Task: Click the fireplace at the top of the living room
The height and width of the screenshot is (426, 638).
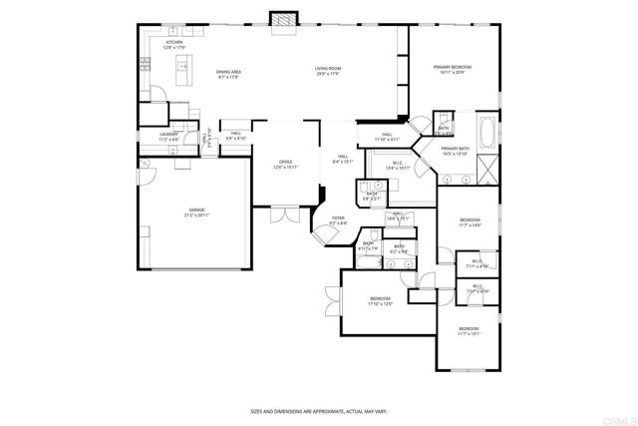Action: (x=284, y=19)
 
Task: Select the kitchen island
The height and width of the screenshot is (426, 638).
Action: (x=184, y=70)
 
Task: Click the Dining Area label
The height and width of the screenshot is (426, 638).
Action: (x=229, y=73)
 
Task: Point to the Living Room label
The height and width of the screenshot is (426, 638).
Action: (x=329, y=71)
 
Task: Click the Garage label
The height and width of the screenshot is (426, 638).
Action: (x=195, y=213)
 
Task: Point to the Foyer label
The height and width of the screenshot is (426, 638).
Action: (x=338, y=221)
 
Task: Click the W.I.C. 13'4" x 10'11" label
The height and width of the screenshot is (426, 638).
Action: (x=397, y=167)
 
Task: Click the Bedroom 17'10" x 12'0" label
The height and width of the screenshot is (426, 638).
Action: (x=381, y=301)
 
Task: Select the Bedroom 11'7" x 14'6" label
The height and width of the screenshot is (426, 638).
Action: (x=470, y=222)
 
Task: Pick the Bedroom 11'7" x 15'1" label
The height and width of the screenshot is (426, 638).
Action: (x=469, y=331)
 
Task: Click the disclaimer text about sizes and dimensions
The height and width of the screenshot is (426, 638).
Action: (x=318, y=411)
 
